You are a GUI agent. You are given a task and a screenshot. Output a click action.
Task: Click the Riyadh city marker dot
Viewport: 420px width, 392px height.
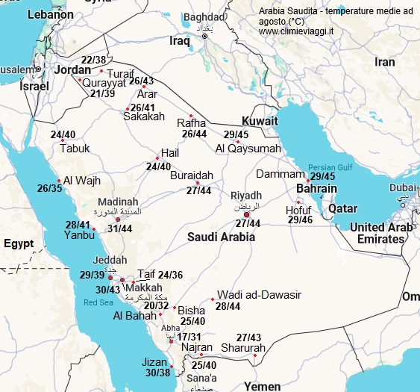tap(247, 214)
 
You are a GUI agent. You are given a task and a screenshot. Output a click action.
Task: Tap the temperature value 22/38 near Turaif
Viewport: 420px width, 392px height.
tap(93, 60)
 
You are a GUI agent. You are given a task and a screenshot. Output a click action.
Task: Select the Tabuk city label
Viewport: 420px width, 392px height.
tap(74, 148)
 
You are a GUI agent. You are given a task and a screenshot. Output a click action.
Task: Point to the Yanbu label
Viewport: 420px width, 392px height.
tap(80, 235)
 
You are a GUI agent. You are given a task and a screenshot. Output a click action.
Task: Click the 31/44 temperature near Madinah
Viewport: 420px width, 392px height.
tap(119, 229)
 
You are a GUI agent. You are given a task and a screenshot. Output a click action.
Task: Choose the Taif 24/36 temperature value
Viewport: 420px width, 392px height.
tap(170, 275)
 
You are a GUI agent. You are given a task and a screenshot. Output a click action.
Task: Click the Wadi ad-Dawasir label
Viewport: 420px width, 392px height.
tap(258, 295)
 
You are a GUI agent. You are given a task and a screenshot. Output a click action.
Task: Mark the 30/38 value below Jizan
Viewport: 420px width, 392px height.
tap(157, 373)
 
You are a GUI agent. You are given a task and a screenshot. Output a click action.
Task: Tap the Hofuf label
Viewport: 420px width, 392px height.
tap(299, 210)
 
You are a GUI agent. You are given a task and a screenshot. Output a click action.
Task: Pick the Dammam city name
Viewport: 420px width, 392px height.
tap(280, 174)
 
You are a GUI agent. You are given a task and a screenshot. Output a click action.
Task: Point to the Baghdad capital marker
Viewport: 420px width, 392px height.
tap(204, 35)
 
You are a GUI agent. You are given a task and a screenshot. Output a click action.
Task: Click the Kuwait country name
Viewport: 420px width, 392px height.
tap(260, 121)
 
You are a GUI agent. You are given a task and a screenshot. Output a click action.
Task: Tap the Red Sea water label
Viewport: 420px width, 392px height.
tap(98, 302)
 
